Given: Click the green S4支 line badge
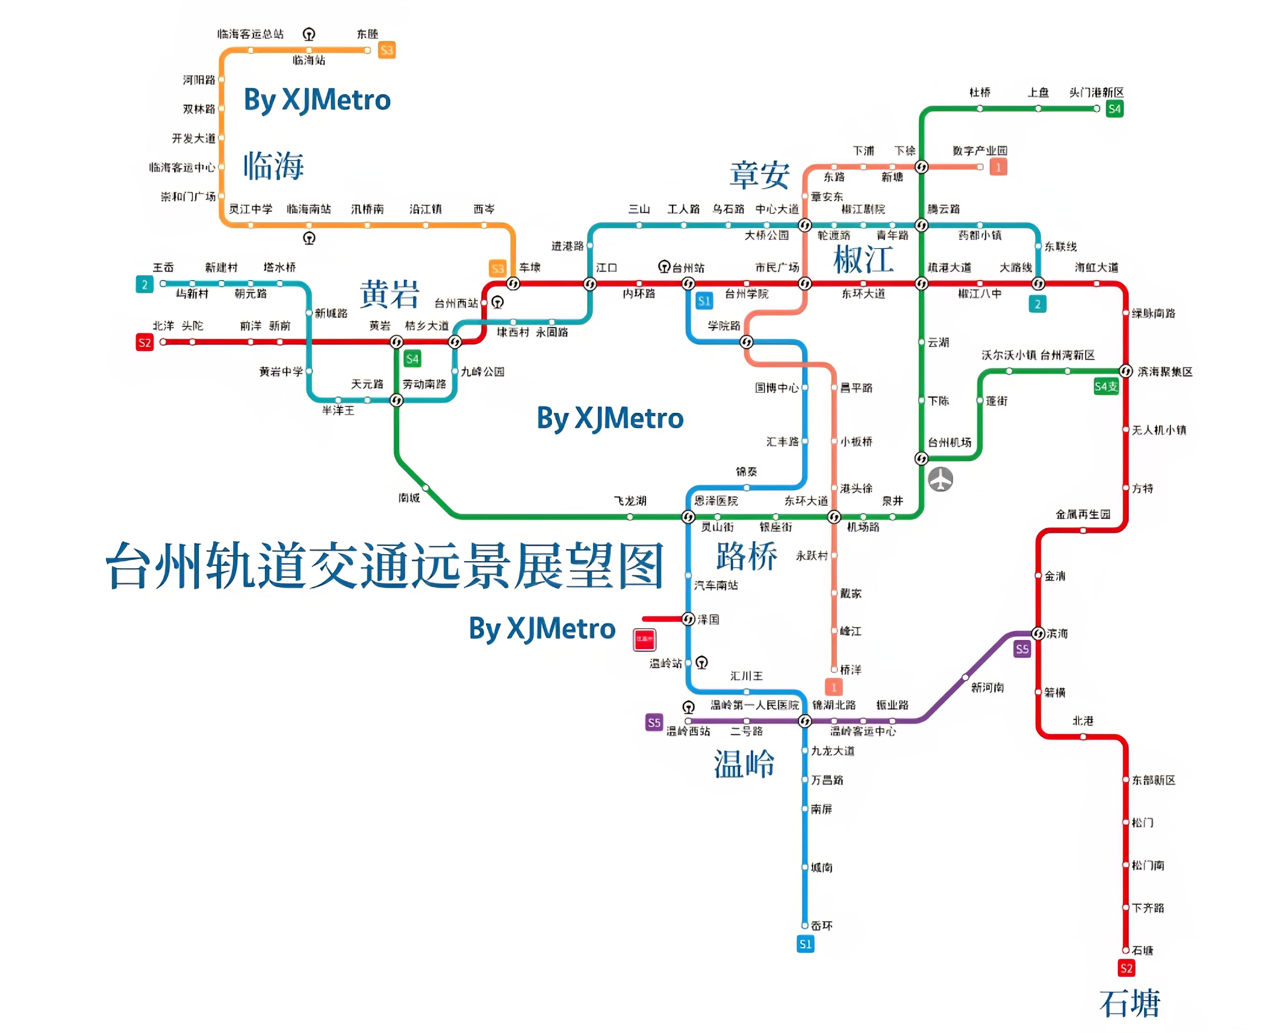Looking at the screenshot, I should (x=1106, y=387).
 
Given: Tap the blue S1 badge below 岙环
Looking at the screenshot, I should (x=805, y=944).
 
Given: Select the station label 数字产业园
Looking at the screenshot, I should (x=979, y=151).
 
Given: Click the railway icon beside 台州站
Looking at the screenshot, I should (x=664, y=266).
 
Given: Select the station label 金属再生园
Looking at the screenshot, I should (x=1083, y=514).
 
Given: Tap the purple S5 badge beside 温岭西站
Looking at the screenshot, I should (x=654, y=722).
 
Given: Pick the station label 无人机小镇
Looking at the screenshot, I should (x=1159, y=430).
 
